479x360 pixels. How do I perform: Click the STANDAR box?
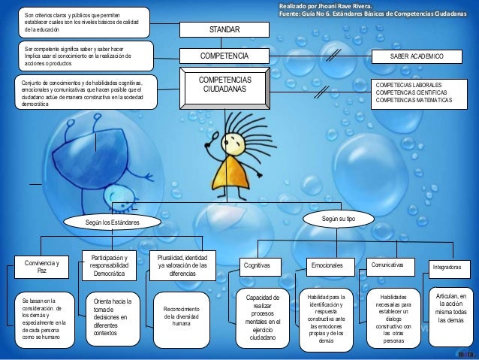point(224,29)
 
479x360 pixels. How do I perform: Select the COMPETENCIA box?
point(224,56)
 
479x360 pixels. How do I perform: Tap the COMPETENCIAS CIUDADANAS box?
point(224,85)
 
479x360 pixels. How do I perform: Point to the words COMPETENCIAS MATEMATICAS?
point(414,99)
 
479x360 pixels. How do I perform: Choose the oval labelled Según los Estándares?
point(112,222)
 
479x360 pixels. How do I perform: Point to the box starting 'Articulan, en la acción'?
point(450,308)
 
